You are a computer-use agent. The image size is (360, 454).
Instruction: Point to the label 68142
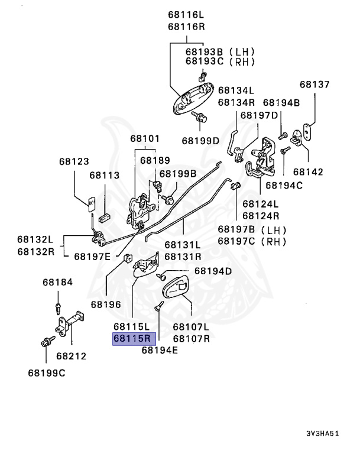click(308, 172)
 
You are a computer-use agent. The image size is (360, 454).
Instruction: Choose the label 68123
click(74, 161)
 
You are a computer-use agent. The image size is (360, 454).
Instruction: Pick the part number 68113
click(105, 175)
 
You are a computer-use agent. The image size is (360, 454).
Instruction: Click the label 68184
click(57, 282)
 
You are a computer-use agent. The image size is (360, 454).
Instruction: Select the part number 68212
click(72, 356)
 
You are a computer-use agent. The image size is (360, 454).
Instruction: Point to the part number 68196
click(106, 305)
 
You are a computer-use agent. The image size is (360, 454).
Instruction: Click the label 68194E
click(160, 349)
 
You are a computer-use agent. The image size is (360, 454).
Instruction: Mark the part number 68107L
click(191, 326)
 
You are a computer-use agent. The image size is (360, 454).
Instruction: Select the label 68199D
click(200, 141)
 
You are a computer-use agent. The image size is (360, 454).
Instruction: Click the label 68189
click(155, 160)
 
